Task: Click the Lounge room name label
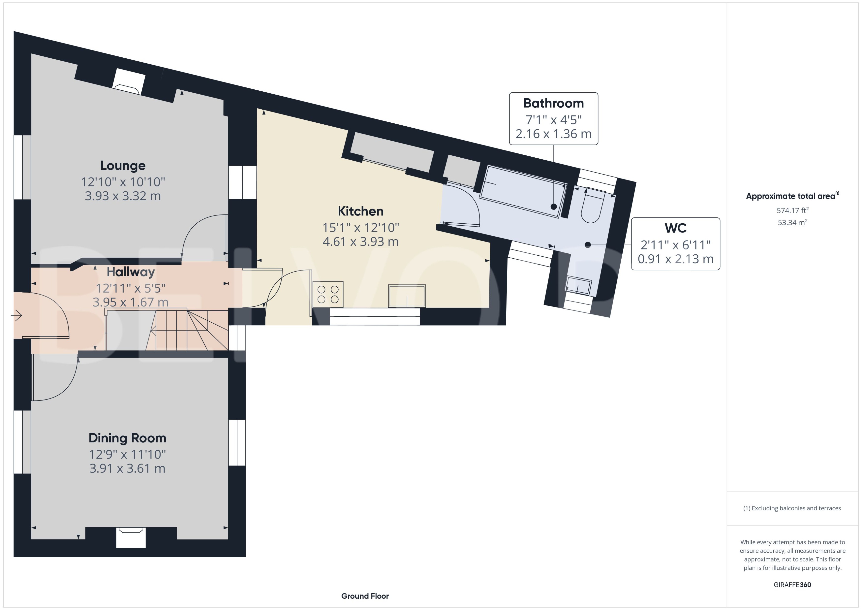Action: point(123,166)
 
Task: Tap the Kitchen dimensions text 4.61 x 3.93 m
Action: point(360,242)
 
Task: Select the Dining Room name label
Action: point(127,438)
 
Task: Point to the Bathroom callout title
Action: point(553,103)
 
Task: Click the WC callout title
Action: point(675,228)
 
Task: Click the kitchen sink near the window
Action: point(407,296)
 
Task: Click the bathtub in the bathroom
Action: point(523,192)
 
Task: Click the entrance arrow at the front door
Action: point(17,315)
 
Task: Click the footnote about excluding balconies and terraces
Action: point(792,508)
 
